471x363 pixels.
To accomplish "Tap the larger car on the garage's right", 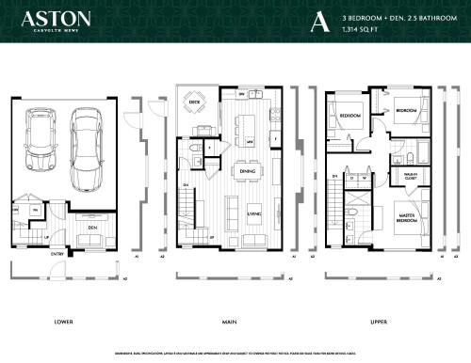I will tap(87, 141).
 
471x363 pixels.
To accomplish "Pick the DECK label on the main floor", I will tap(195, 100).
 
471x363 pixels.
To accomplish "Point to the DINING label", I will tap(248, 171).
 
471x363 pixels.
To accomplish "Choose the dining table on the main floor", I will tap(248, 171).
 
